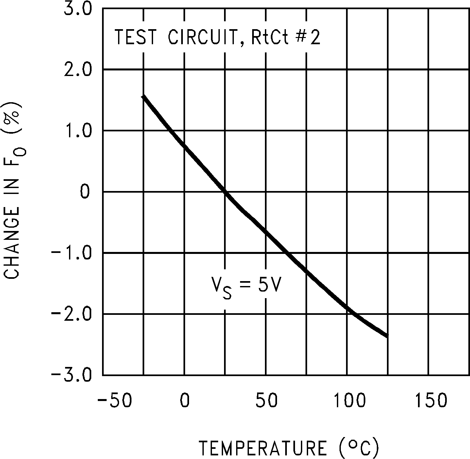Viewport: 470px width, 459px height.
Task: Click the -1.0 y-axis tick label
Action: pos(73,253)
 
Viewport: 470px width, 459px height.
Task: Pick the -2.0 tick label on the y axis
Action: pos(73,314)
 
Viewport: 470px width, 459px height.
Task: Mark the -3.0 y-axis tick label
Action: pos(73,375)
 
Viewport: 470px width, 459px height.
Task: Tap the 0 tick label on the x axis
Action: pos(185,400)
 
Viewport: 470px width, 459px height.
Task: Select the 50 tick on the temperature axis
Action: pos(267,400)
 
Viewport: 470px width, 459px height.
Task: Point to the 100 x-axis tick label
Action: pos(349,400)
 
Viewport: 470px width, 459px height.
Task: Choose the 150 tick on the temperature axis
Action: pos(431,400)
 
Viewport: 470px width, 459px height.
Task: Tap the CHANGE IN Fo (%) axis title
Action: pos(12,191)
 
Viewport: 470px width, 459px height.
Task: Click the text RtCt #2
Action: pos(285,38)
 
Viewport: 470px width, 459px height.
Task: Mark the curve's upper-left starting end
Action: pos(143,96)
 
